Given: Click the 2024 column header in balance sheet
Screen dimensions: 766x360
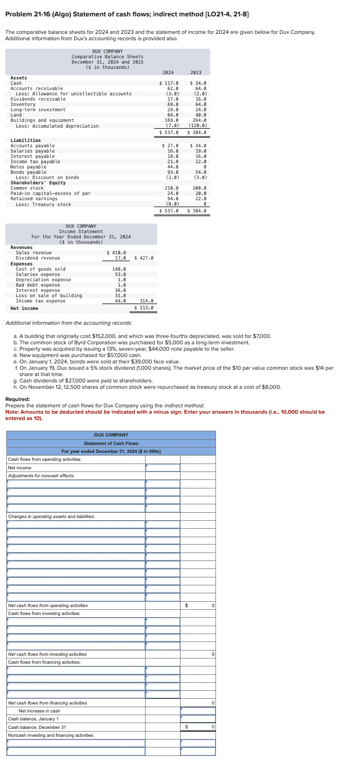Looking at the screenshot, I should click(168, 73).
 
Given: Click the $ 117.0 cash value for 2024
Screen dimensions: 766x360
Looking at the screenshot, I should click(169, 83).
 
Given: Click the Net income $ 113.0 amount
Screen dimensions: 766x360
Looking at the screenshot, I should click(144, 308).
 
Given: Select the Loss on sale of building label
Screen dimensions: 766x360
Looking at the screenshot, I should click(49, 296).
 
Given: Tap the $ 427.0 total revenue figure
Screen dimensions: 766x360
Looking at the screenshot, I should click(144, 258).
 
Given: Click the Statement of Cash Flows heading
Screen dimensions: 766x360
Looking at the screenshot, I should click(111, 443).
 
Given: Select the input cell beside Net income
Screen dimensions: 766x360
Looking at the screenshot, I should click(163, 468).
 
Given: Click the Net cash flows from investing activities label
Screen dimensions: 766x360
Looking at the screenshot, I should click(48, 654).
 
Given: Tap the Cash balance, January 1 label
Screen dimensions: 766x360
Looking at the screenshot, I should click(34, 719).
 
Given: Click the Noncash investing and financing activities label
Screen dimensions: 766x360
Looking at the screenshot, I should click(51, 735).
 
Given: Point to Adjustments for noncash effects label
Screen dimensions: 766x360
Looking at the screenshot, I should click(41, 476).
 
